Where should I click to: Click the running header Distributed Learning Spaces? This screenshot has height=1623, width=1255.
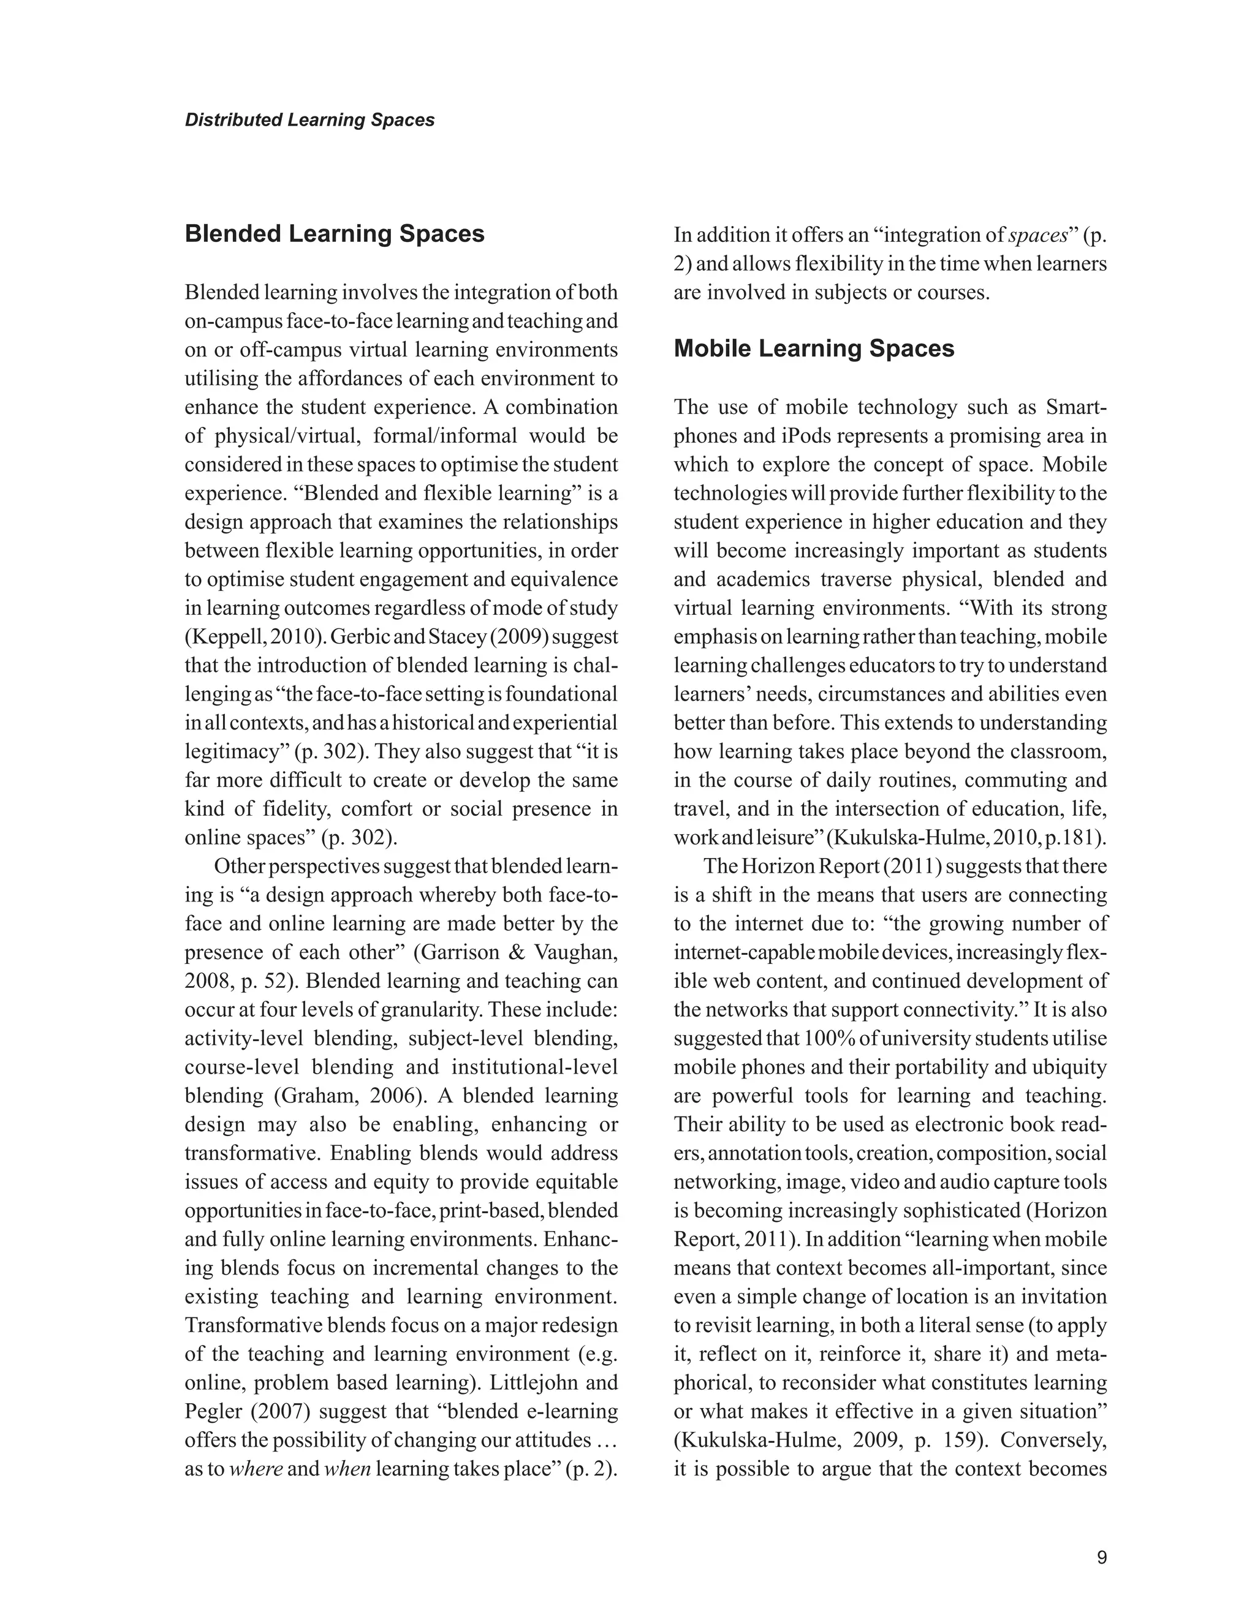[309, 119]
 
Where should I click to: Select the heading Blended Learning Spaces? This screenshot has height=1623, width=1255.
[334, 233]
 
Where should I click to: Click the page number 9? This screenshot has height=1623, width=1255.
[1102, 1557]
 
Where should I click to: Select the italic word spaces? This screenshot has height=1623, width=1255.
[1038, 235]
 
